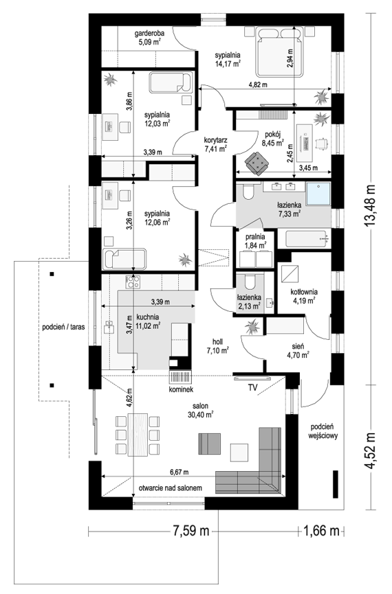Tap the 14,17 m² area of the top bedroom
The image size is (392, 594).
[228, 64]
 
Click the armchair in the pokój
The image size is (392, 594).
[257, 163]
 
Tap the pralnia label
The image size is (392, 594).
[255, 237]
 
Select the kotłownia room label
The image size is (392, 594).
[304, 292]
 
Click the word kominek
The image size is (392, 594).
[182, 389]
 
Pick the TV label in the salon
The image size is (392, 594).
[252, 387]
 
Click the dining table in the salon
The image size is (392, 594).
[138, 435]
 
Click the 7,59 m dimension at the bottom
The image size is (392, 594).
[191, 531]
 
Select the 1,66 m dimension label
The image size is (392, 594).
[321, 531]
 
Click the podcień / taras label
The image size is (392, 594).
[63, 327]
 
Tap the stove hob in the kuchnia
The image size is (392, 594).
[133, 282]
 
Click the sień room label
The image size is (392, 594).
[298, 346]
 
